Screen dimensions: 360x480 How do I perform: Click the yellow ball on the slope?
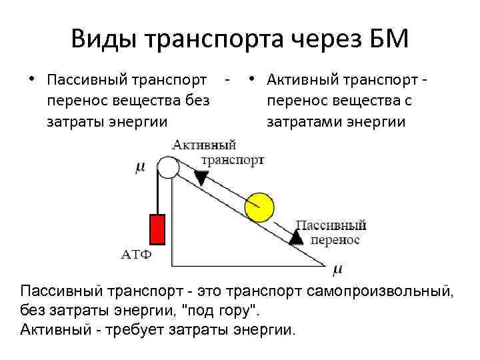259,207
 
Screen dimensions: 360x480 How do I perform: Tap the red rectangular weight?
157,229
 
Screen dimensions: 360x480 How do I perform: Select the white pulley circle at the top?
168,167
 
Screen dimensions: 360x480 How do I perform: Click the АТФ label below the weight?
137,254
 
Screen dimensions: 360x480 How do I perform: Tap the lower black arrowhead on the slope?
295,237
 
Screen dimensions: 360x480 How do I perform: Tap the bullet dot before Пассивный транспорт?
31,80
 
